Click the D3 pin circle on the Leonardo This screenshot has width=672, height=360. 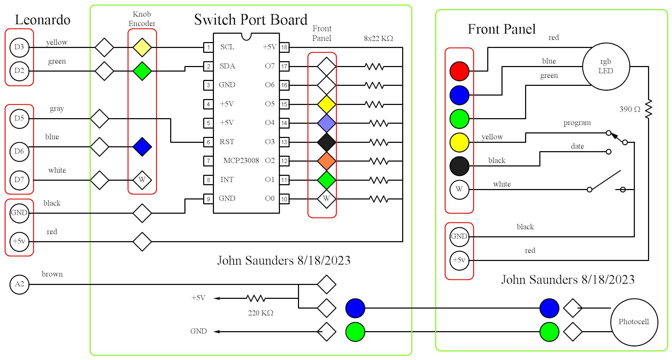(x=19, y=47)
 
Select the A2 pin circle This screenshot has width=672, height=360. (x=19, y=284)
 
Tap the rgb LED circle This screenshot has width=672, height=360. (x=606, y=66)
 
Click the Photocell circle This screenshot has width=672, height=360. (x=634, y=322)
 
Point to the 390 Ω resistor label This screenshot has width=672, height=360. (x=630, y=109)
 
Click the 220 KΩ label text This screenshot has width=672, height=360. (x=260, y=313)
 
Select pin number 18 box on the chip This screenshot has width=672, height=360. (x=284, y=47)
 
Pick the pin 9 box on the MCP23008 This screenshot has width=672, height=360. (x=208, y=199)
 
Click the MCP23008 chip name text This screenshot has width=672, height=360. (x=241, y=161)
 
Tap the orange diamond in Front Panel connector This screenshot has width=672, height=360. (x=326, y=161)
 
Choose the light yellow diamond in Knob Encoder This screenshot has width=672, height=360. (x=142, y=47)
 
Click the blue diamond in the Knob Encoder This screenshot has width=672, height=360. (x=142, y=147)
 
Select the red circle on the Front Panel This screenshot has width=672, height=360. (x=459, y=71)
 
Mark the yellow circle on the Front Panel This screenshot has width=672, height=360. (x=459, y=142)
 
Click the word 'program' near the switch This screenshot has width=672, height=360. (x=577, y=123)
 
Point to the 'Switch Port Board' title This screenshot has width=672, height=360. (x=250, y=20)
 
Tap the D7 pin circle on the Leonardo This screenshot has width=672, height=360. (x=19, y=180)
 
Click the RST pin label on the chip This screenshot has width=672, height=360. (x=227, y=142)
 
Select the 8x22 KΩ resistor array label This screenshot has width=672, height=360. (x=378, y=39)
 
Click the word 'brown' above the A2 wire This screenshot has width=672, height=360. (x=52, y=274)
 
